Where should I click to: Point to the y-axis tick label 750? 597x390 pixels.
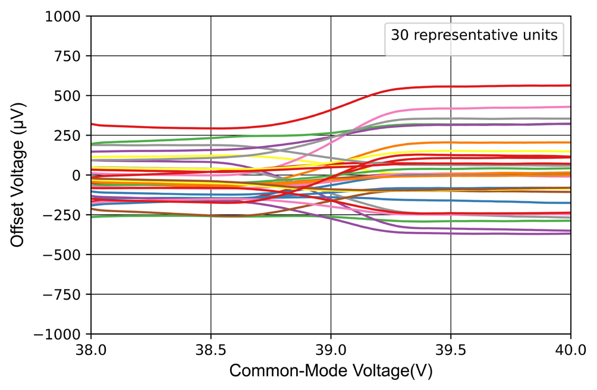[x=71, y=56]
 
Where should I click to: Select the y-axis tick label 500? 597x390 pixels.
[x=71, y=96]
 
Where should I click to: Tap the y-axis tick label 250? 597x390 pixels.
[x=71, y=136]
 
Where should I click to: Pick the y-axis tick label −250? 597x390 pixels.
[x=67, y=215]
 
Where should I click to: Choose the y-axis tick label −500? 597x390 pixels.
[x=67, y=255]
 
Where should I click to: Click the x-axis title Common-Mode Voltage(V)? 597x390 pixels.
[x=331, y=371]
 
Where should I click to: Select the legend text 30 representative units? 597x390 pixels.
[x=474, y=35]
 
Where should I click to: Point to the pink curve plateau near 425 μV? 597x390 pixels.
[x=476, y=108]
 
